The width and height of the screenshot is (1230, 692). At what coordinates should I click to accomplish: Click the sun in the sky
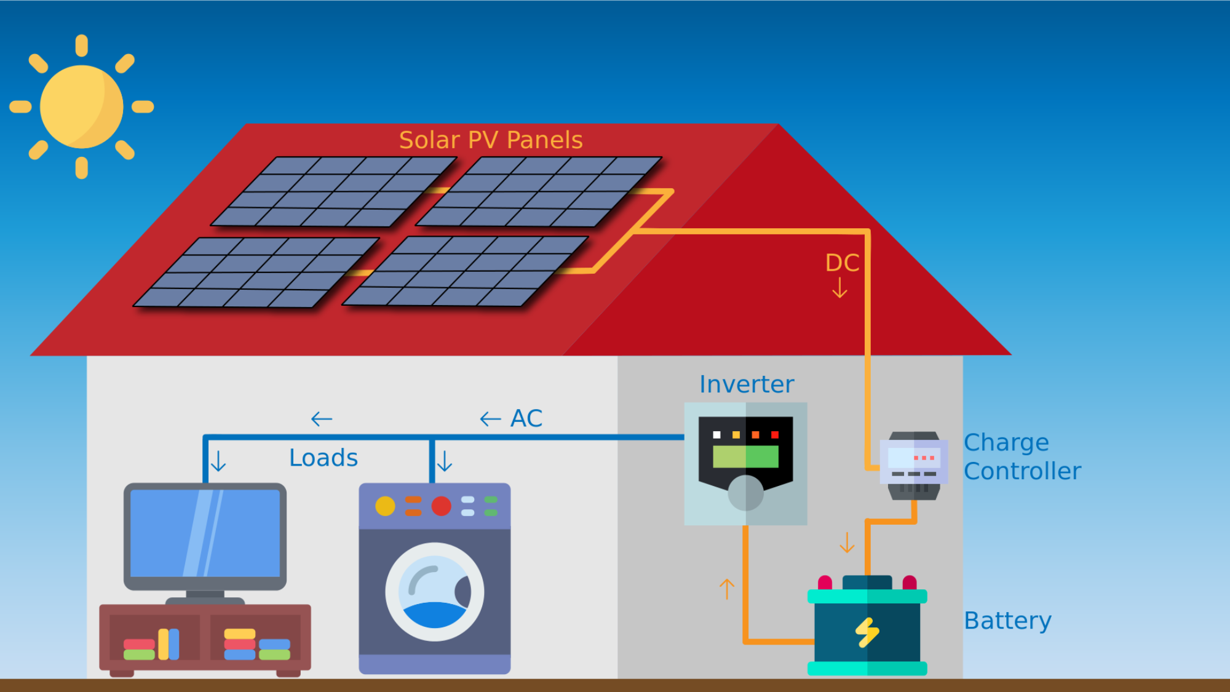click(x=81, y=106)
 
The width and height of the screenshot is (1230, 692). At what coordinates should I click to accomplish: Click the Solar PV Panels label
click(x=490, y=140)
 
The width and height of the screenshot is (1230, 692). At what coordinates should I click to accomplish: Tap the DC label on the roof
click(x=841, y=263)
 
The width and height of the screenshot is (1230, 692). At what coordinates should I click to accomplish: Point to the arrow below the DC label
click(x=839, y=288)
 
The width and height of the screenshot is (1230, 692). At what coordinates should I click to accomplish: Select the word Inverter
click(x=746, y=384)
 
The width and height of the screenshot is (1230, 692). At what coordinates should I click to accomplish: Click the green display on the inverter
click(x=745, y=456)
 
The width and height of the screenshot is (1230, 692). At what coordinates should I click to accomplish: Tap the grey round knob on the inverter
click(x=745, y=492)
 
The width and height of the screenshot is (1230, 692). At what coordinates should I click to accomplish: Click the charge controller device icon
click(x=914, y=465)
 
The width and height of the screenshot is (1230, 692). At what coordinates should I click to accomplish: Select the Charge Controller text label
click(x=1022, y=456)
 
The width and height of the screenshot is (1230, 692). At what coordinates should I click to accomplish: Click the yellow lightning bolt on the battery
click(x=867, y=632)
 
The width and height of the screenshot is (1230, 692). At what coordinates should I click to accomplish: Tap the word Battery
click(x=1007, y=621)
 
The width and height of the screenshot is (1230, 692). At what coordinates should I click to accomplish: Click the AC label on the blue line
click(x=526, y=418)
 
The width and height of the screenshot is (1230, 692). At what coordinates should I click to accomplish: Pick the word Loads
click(x=323, y=458)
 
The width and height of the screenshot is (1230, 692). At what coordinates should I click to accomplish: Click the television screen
click(x=205, y=533)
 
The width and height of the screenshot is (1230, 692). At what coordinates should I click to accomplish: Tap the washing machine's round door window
click(x=435, y=592)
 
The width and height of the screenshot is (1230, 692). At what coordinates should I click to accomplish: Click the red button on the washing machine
click(x=441, y=506)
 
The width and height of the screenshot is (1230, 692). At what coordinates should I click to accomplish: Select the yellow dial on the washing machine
click(x=385, y=506)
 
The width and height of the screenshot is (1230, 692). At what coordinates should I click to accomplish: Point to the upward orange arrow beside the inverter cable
click(x=727, y=589)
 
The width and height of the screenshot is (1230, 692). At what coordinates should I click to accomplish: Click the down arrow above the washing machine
click(x=445, y=461)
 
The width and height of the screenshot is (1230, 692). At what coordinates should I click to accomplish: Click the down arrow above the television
click(x=218, y=461)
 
